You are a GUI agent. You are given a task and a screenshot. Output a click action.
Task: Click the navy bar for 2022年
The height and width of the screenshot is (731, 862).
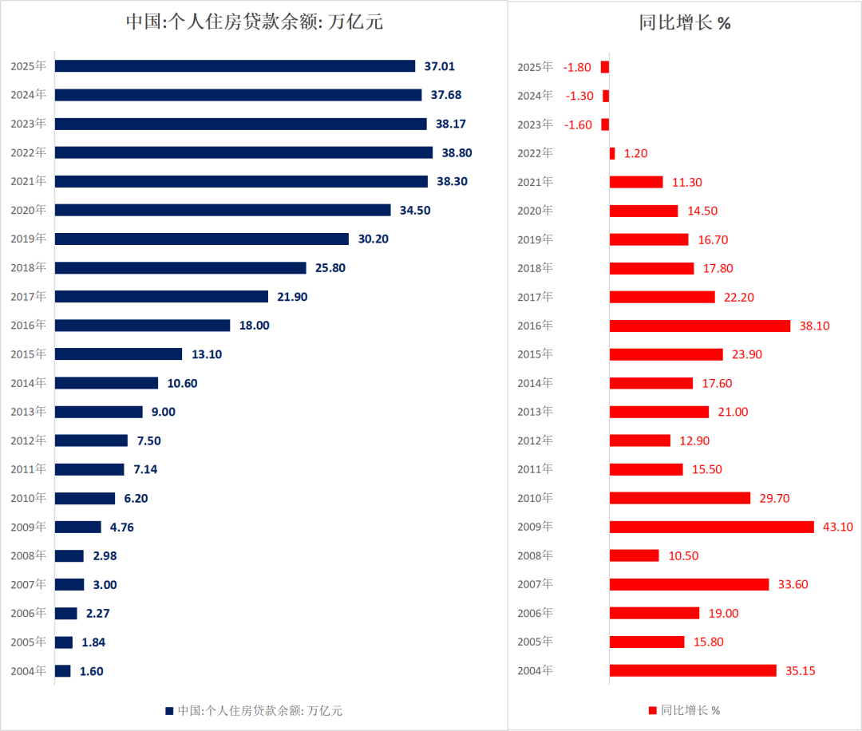[243, 152]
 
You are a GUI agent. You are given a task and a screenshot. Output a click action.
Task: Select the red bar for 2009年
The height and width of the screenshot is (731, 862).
[711, 527]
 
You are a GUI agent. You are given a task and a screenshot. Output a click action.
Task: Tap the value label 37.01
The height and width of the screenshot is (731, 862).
[448, 66]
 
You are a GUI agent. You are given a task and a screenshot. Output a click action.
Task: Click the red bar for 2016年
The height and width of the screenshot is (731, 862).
[699, 326]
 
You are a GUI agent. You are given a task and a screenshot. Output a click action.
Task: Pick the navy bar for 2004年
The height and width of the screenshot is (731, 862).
[62, 671]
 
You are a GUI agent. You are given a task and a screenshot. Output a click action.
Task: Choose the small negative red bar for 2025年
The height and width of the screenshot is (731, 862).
[605, 67]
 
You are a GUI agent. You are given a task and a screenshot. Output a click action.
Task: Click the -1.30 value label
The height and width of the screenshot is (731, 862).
[579, 96]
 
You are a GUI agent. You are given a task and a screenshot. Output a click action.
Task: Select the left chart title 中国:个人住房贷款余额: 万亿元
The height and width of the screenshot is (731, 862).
[255, 22]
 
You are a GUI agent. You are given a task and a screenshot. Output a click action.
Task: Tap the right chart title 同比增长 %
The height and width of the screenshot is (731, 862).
[685, 23]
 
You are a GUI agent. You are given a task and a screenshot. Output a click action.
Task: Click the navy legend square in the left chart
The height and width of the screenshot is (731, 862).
[169, 710]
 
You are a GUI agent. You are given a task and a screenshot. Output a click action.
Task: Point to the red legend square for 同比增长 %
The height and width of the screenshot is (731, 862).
[653, 710]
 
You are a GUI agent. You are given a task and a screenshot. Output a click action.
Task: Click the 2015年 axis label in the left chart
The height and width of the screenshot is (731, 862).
[28, 354]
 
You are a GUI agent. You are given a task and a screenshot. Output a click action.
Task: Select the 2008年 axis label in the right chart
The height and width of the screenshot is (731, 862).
[535, 555]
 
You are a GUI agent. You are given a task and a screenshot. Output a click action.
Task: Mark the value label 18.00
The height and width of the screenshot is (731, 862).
[255, 326]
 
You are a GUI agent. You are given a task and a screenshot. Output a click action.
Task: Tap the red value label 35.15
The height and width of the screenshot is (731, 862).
[801, 671]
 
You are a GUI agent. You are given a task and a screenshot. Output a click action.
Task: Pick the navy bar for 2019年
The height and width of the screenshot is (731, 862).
[201, 239]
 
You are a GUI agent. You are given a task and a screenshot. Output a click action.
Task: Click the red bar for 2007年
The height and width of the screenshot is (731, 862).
[689, 584]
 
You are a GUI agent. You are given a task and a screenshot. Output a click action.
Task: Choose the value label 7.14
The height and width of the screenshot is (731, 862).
[145, 469]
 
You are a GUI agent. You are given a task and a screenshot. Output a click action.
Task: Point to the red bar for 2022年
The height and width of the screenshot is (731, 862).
[612, 153]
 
